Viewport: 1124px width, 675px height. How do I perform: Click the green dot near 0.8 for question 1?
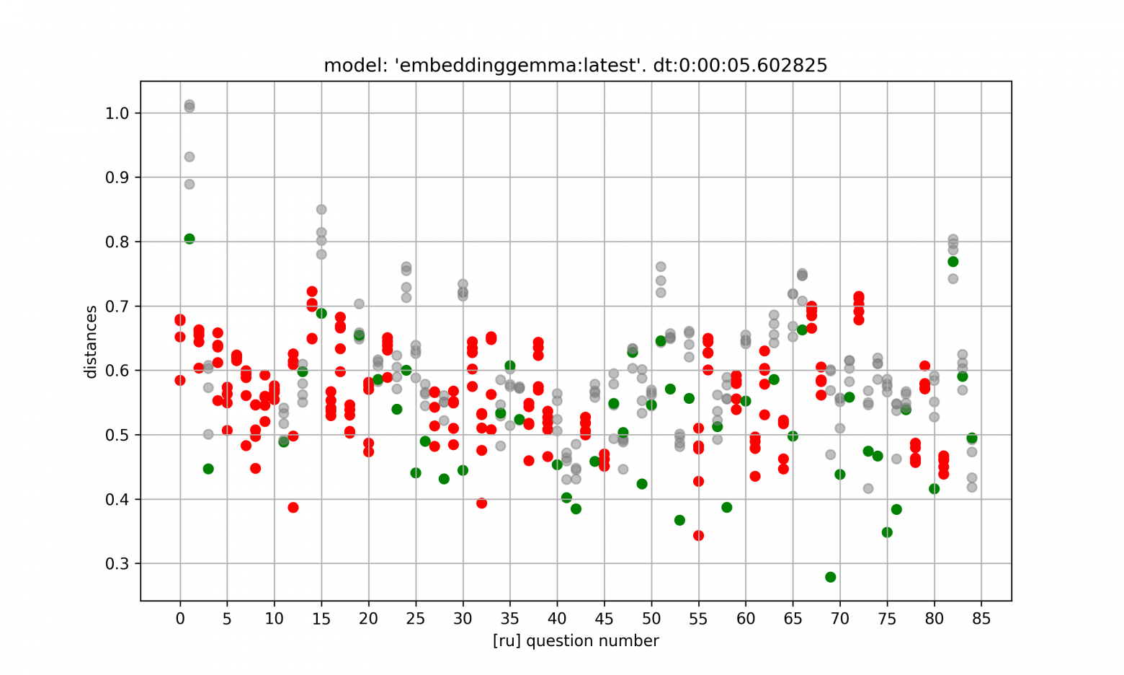(189, 239)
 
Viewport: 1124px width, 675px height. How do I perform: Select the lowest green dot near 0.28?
(831, 577)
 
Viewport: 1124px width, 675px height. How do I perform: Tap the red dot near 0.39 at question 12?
(293, 508)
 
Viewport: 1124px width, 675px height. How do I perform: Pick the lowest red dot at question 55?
(698, 535)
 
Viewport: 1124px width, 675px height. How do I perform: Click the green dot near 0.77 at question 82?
(953, 262)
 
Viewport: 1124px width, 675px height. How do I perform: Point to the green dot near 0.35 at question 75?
(887, 532)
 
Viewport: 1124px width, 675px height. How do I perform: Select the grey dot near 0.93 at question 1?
(189, 156)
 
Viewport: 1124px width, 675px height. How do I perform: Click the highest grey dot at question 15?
(321, 210)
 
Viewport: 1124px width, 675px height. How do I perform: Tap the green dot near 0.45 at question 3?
(208, 469)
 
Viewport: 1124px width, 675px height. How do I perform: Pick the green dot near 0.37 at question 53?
(679, 520)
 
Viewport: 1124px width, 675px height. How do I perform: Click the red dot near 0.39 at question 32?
(482, 503)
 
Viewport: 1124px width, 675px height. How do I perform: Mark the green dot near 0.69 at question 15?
(321, 313)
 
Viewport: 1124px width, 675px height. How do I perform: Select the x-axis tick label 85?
(981, 619)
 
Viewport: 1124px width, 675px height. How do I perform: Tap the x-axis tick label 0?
(180, 619)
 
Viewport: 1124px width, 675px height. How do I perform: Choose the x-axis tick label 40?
(557, 619)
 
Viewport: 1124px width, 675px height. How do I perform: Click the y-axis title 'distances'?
(91, 342)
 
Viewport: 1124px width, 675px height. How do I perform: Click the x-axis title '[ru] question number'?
(576, 641)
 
